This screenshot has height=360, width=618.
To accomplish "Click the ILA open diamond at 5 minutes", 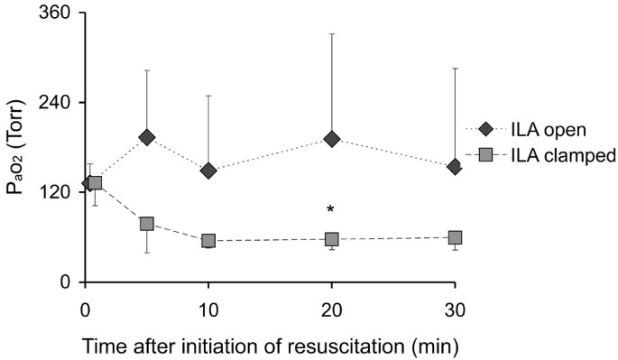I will [146, 137].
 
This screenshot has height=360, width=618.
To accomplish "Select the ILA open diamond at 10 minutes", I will [208, 171].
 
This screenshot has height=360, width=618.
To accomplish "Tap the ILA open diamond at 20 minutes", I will [331, 139].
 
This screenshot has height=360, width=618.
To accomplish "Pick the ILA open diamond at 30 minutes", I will [455, 166].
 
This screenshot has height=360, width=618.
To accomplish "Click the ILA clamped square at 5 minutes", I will [146, 224].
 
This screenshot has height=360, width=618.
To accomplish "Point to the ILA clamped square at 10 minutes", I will [208, 241].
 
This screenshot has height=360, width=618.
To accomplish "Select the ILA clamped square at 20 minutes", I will [331, 239].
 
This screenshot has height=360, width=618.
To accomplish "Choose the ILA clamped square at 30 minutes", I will [455, 237].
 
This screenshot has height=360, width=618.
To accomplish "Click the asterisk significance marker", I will [331, 210].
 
